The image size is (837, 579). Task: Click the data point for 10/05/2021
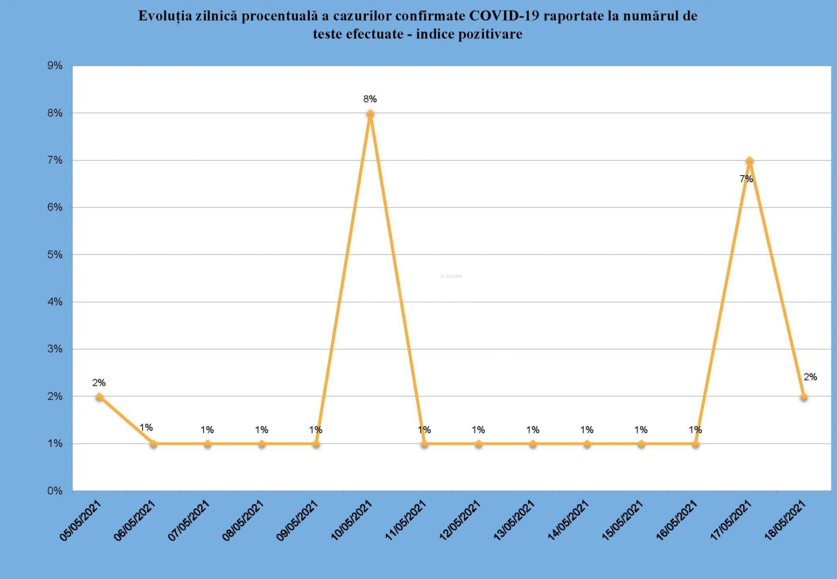[x=370, y=114]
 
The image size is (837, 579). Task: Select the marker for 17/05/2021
[x=749, y=161]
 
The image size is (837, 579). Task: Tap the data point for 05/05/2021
[x=99, y=396]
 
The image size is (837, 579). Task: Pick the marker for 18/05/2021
[x=803, y=397]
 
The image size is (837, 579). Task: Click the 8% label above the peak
[x=370, y=99]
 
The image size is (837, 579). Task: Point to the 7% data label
[x=746, y=179]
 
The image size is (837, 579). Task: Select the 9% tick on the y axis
[x=55, y=66]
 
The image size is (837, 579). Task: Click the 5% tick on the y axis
[x=55, y=255]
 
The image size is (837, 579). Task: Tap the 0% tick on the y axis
[x=55, y=491]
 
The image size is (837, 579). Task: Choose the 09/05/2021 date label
[x=297, y=521]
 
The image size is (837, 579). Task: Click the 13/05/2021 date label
[x=514, y=521]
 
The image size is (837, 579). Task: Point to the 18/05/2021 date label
[x=785, y=521]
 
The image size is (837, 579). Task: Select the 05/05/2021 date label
[x=80, y=521]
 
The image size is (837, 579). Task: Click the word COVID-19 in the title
[x=504, y=16]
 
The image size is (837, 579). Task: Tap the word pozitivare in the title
[x=491, y=34]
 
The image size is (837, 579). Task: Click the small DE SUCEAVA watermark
[x=451, y=276]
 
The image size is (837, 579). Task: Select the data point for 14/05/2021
[x=587, y=444]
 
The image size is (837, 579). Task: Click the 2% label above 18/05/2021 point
[x=810, y=377]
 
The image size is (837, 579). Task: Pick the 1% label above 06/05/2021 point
[x=146, y=428]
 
